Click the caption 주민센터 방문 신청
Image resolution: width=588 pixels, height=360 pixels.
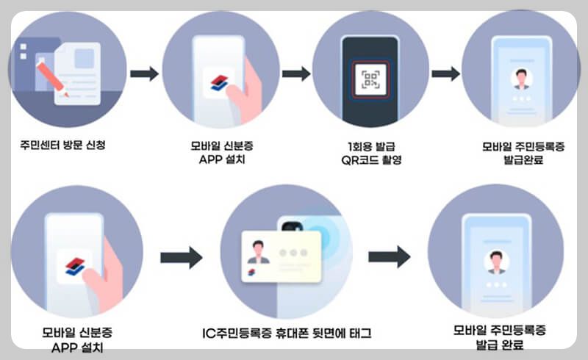tap(63, 145)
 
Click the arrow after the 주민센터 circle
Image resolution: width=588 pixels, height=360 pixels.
tap(144, 73)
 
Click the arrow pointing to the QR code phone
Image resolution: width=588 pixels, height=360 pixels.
tap(296, 73)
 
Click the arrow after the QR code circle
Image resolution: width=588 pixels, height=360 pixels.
tap(445, 73)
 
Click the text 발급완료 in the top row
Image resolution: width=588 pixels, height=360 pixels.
tap(523, 159)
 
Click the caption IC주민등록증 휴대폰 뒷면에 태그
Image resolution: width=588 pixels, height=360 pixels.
tap(287, 333)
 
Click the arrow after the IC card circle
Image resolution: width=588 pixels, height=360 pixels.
tap(389, 257)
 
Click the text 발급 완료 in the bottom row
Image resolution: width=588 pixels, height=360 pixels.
tap(499, 344)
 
